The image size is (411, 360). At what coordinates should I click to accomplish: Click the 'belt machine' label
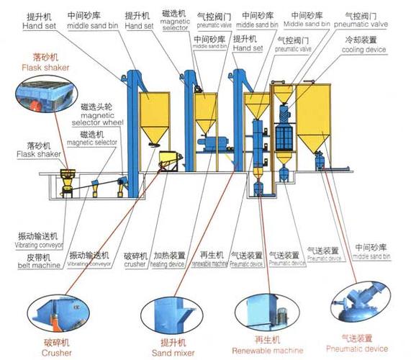pos(39,264)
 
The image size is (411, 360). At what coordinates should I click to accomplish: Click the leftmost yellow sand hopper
pos(154,115)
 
